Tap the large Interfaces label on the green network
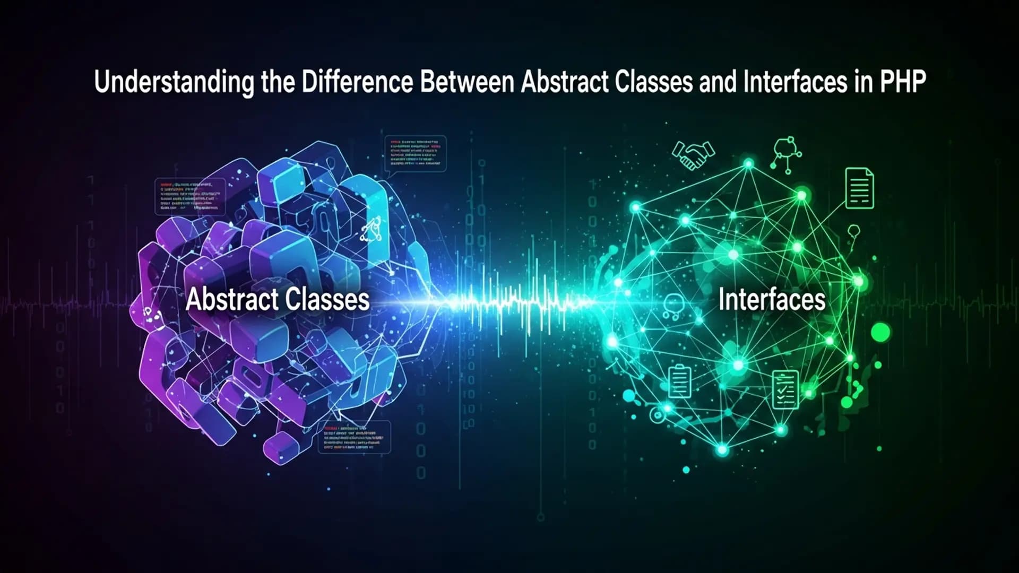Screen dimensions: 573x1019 point(772,299)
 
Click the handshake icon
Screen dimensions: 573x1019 point(693,154)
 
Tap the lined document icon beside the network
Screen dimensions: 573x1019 point(859,188)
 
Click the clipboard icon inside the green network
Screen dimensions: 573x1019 point(680,381)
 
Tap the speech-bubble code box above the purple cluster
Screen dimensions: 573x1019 point(415,154)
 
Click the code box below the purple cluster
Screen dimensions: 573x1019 point(354,437)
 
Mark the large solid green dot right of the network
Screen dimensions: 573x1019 point(880,333)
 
